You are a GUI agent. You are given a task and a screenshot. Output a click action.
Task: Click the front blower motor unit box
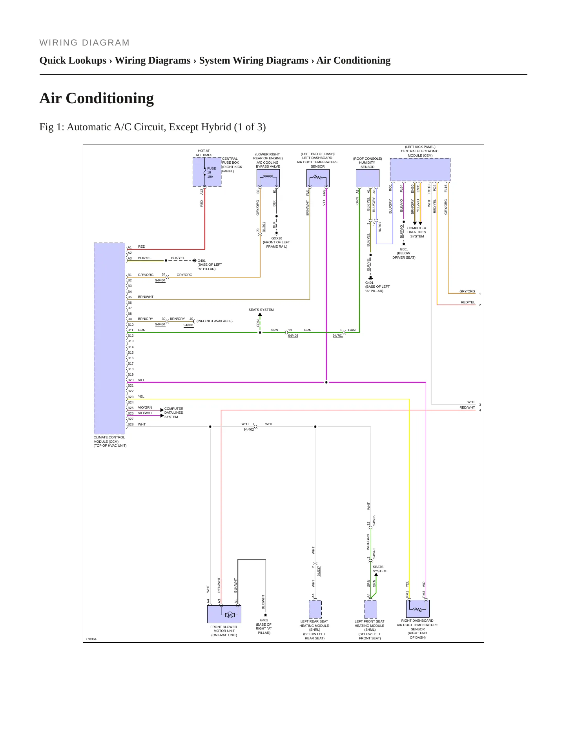click(224, 614)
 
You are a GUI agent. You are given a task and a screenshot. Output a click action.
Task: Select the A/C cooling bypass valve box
click(268, 178)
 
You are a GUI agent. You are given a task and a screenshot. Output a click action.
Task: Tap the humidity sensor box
click(368, 178)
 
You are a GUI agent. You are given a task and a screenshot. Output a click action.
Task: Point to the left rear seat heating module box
click(315, 609)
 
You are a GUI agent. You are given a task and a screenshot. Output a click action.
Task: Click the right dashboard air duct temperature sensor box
click(418, 608)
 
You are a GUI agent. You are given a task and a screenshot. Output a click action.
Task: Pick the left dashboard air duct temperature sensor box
click(318, 178)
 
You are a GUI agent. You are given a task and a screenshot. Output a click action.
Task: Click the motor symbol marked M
click(230, 615)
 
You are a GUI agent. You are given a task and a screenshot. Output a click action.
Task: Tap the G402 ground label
click(264, 620)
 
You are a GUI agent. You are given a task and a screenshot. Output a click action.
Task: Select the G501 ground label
click(404, 249)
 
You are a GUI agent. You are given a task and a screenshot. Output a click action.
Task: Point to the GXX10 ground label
click(277, 238)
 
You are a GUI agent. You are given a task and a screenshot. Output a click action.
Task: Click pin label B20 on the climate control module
click(130, 380)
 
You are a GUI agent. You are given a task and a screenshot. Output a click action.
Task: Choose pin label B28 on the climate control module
click(130, 424)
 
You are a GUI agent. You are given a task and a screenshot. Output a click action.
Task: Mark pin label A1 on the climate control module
click(129, 247)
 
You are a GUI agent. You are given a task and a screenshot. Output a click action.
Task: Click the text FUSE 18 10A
click(211, 172)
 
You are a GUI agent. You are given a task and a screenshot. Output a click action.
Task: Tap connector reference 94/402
click(249, 429)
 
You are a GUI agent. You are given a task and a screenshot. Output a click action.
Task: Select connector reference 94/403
click(293, 336)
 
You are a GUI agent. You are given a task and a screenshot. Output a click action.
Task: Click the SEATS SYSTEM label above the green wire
click(261, 310)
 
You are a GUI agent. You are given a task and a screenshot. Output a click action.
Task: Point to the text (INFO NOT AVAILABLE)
click(215, 321)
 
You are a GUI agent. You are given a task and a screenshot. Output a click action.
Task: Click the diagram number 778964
click(91, 639)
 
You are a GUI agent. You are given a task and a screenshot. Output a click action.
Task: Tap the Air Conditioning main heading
click(97, 98)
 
